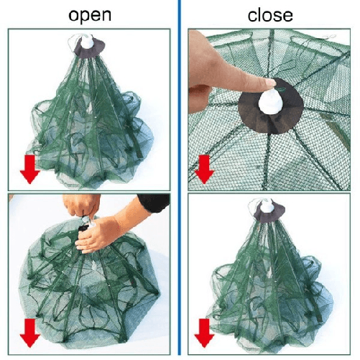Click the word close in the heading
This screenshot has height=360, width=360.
(270, 14)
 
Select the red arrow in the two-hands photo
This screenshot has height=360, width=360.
(29, 332)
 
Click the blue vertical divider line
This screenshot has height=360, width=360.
(179, 180)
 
